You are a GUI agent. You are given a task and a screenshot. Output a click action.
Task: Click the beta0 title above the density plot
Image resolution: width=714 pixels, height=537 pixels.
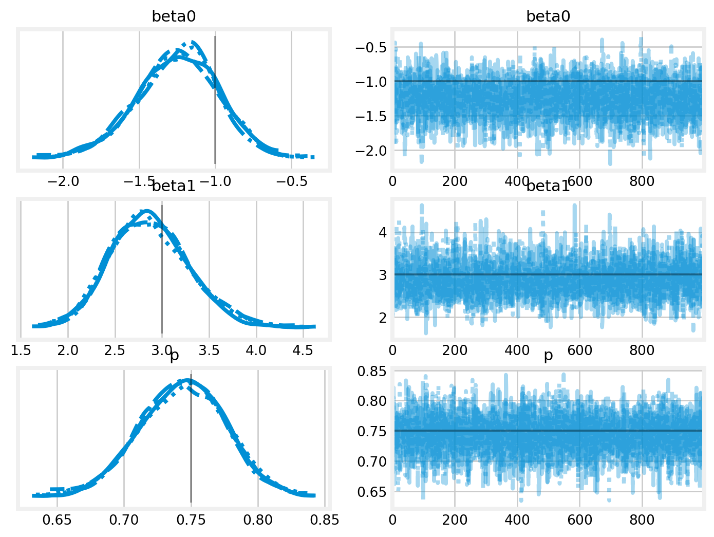174,16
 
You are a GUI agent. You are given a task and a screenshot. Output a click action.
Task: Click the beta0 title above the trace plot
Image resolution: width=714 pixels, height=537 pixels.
548,16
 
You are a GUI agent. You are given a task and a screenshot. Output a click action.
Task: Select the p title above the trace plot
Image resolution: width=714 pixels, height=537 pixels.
548,355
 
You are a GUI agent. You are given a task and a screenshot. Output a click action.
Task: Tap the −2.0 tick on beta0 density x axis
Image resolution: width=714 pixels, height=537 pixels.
63,181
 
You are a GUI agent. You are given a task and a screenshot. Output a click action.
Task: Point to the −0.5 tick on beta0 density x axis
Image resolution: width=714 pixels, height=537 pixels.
292,181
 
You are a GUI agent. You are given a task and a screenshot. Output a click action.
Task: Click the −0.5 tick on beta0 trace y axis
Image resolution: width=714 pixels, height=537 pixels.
371,48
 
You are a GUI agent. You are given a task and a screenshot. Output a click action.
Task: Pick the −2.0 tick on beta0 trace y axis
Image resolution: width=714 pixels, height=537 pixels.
371,151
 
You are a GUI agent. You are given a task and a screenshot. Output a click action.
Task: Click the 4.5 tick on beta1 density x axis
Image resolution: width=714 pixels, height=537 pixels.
303,350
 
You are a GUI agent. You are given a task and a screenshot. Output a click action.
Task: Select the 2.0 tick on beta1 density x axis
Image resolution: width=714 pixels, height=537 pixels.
68,350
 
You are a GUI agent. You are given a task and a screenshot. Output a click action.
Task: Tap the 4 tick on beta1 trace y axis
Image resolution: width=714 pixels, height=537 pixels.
383,232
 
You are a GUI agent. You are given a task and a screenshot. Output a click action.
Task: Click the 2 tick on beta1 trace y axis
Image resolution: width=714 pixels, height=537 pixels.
383,317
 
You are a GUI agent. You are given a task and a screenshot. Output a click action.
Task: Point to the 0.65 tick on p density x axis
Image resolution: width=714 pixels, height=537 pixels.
57,520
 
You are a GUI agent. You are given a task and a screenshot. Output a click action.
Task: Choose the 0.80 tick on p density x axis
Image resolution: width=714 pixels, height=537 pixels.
258,520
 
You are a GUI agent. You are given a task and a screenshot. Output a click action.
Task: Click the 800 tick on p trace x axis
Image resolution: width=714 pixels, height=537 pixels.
642,520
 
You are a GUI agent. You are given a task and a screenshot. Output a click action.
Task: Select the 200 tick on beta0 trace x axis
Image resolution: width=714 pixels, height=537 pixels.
455,181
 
